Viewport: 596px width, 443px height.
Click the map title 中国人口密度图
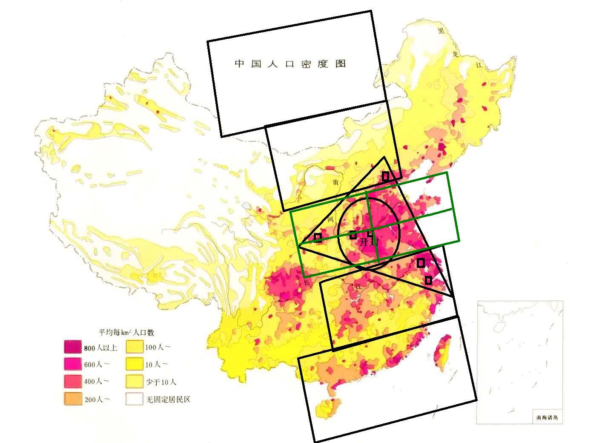point(291,64)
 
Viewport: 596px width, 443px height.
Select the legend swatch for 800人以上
point(72,347)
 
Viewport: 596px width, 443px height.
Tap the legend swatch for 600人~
point(72,364)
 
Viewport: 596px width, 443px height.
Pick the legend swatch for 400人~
point(72,381)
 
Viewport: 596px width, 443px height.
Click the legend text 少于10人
point(161,382)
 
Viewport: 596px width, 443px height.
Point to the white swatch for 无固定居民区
point(134,399)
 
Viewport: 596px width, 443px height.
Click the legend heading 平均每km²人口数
point(126,332)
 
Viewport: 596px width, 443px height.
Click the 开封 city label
point(369,242)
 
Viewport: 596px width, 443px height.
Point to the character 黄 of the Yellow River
point(336,182)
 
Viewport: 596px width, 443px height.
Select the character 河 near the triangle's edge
point(330,220)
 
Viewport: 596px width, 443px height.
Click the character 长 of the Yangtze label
point(307,282)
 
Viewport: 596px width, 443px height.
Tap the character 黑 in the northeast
point(442,31)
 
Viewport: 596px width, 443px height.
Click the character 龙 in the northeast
point(456,54)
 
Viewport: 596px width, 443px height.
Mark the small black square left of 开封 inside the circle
point(353,235)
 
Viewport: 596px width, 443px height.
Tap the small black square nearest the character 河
point(318,237)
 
